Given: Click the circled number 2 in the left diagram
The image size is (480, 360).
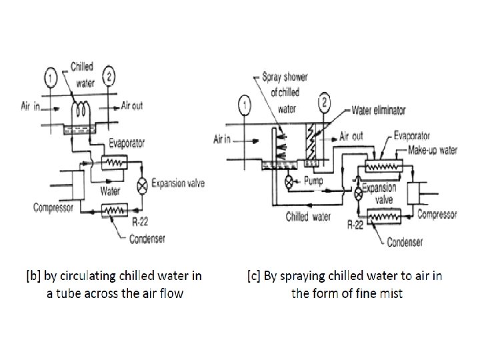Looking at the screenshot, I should [110, 75].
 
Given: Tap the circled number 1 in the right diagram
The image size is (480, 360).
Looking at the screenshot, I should [246, 105].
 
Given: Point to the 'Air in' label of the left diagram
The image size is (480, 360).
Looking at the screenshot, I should [31, 107].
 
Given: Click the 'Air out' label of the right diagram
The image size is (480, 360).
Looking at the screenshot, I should [351, 136].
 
